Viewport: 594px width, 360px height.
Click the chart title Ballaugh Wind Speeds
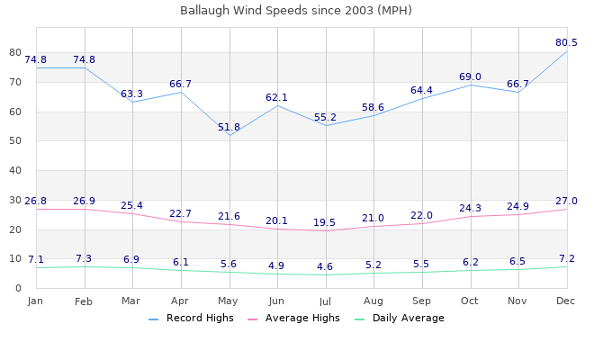tap(296, 11)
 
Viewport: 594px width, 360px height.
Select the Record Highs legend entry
tap(200, 318)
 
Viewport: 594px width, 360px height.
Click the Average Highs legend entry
tap(301, 318)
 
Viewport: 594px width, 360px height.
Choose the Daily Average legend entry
tap(408, 318)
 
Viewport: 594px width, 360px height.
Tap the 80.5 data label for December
tap(566, 42)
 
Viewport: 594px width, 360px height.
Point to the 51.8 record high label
tap(229, 128)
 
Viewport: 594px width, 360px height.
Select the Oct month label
tap(470, 300)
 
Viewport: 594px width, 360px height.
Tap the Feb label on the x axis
tap(85, 300)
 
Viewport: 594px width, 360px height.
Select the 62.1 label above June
tap(277, 97)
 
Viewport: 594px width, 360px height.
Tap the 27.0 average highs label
tap(566, 202)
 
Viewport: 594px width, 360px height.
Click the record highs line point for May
tap(229, 136)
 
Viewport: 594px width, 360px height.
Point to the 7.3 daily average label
tap(85, 259)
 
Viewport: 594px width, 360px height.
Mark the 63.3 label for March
tap(132, 94)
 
